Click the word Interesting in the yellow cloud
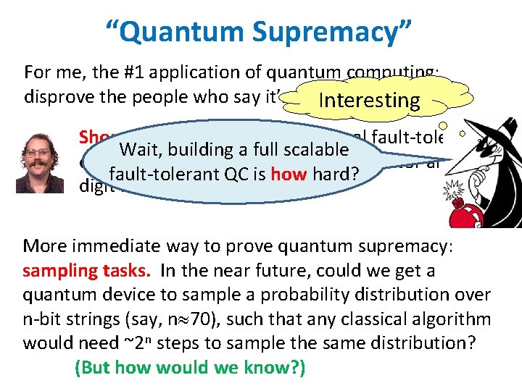click(370, 100)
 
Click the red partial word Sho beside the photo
click(93, 136)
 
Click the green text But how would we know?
click(190, 368)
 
